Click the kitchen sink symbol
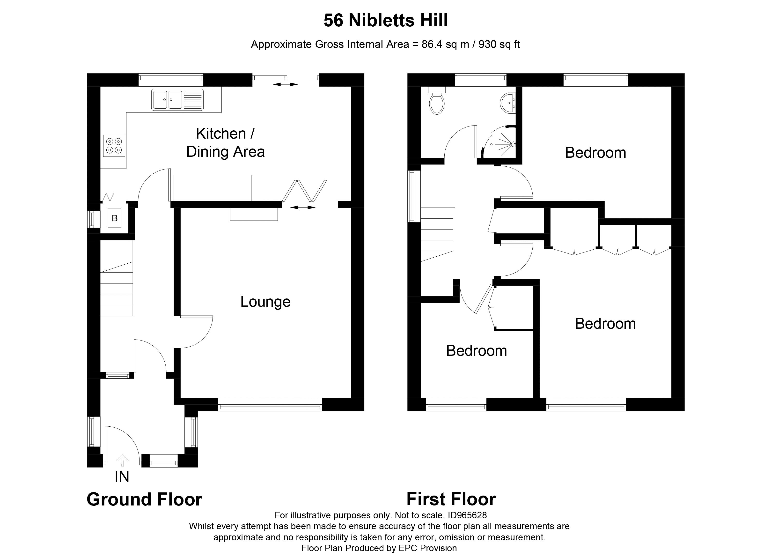pos(177,100)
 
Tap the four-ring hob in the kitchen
pos(114,146)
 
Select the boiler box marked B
pos(115,218)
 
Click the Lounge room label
pos(265,302)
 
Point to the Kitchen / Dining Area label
pos(225,142)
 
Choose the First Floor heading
pos(451,499)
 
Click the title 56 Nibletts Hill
pos(385,20)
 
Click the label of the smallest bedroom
pos(476,351)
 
